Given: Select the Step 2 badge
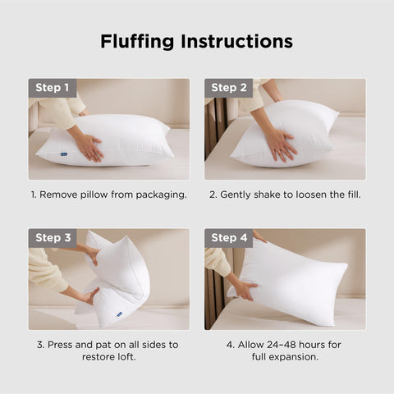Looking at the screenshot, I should (x=229, y=88).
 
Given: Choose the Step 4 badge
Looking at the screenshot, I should (x=229, y=238).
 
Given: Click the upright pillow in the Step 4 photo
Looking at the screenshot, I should (x=295, y=279).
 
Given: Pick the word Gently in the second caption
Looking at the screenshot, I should (x=239, y=195).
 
